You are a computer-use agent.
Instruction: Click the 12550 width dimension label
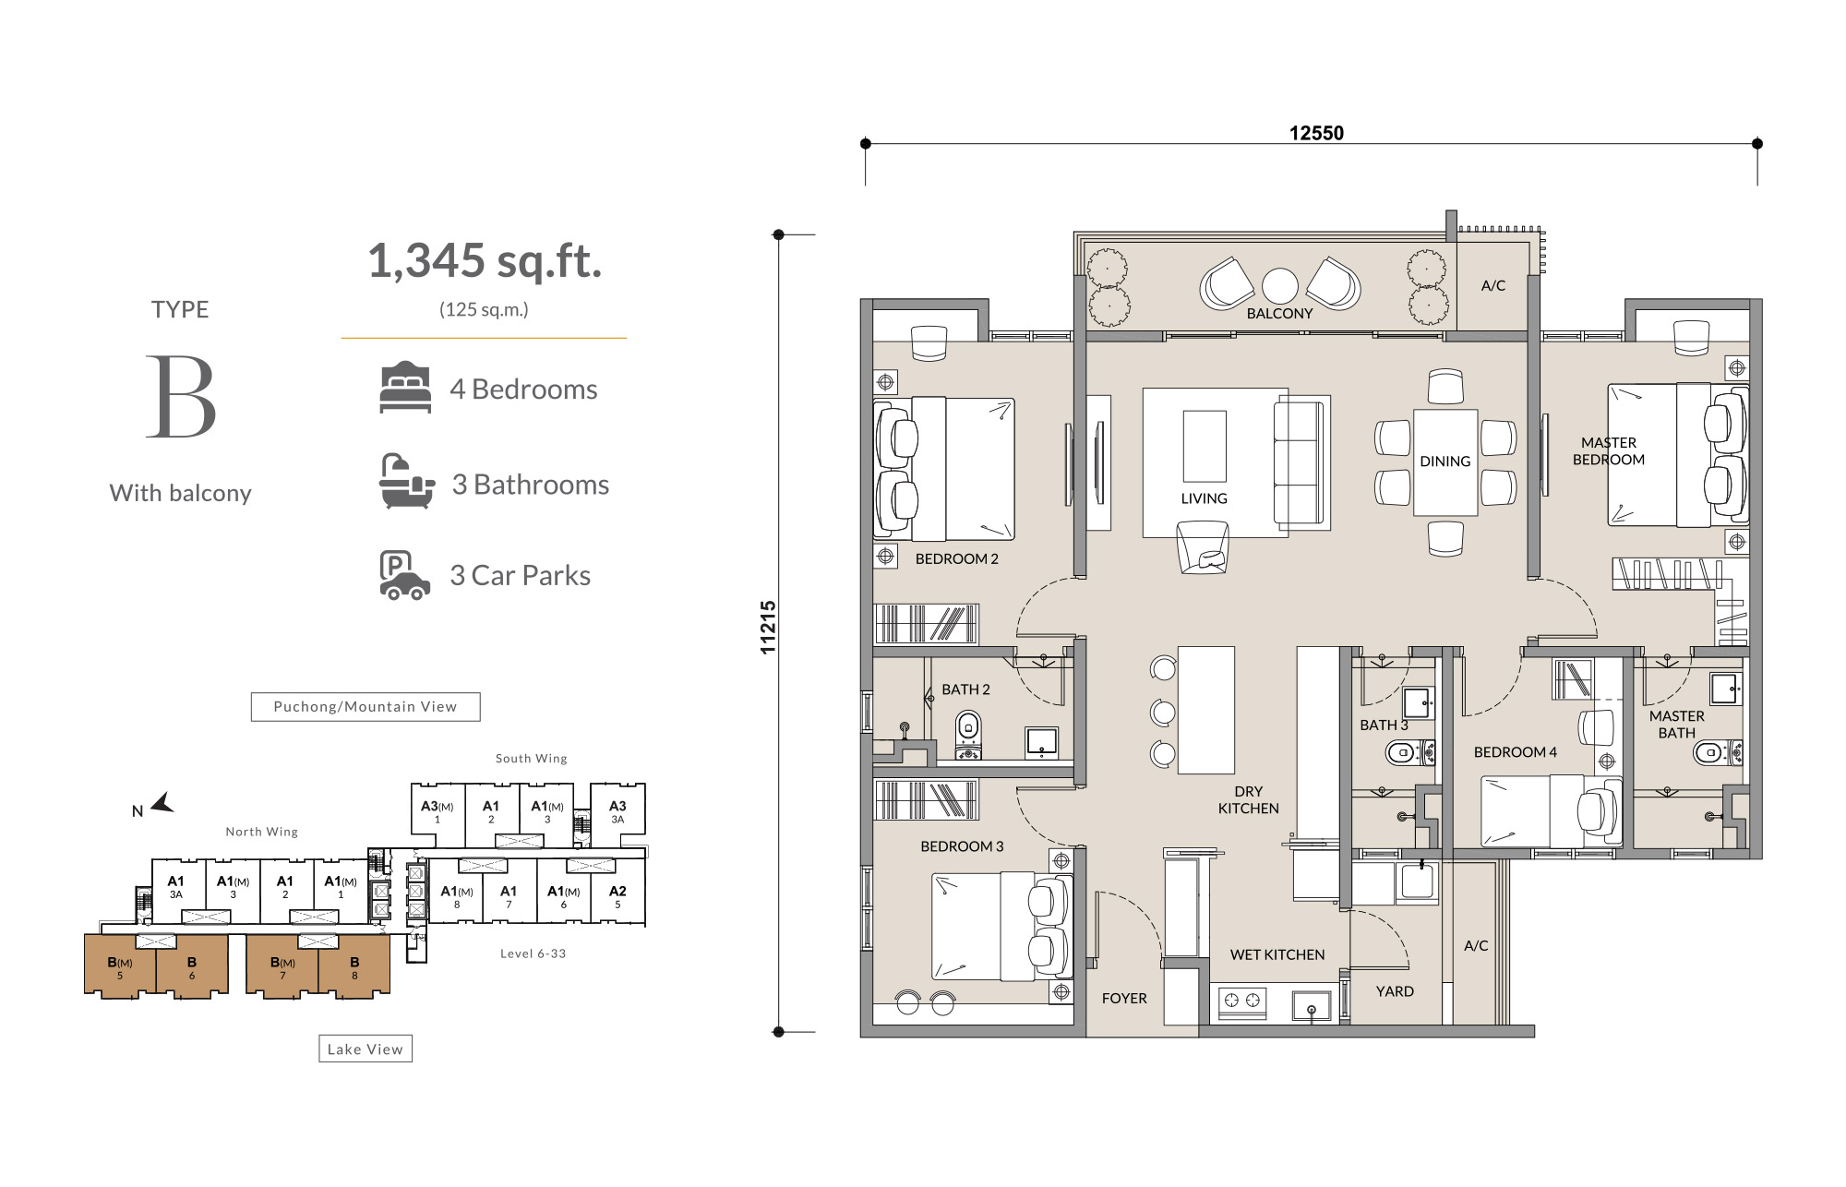(1316, 133)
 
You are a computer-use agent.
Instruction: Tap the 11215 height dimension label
(768, 628)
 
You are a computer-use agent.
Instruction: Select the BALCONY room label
(1279, 314)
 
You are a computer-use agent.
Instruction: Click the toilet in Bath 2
(968, 735)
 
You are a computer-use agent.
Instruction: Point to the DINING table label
(1445, 462)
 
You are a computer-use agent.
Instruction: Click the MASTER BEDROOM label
(1609, 451)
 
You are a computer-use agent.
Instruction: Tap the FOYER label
(1124, 999)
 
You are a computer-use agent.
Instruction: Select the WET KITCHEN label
(1277, 955)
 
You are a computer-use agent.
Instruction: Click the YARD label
(1395, 991)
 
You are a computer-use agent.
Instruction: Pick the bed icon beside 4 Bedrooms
(405, 388)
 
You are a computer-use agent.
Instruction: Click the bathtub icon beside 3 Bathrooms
(406, 481)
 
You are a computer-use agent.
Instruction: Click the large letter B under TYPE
(182, 398)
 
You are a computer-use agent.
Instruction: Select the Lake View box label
(366, 1049)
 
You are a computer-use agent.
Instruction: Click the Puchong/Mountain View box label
(366, 707)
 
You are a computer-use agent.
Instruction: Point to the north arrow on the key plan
(162, 803)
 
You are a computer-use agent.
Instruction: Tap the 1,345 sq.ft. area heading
(485, 261)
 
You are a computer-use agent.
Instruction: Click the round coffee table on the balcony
(1280, 286)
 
